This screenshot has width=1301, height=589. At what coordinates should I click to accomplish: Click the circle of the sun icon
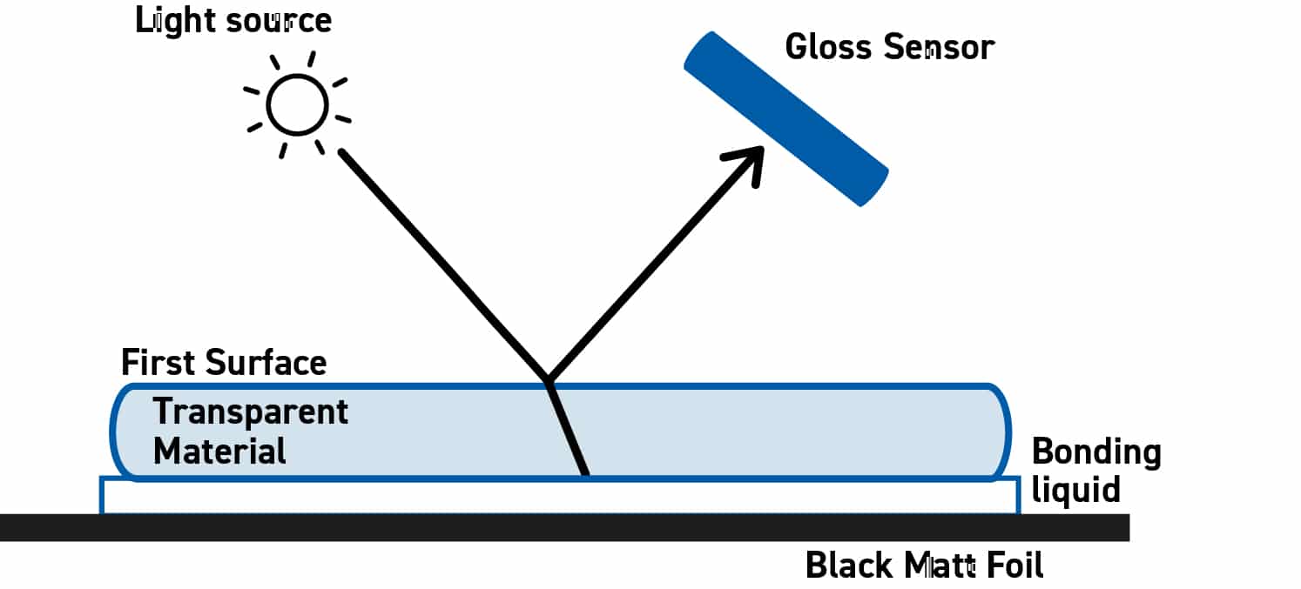pyautogui.click(x=297, y=104)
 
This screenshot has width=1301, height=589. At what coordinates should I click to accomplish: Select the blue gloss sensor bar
pyautogui.click(x=785, y=118)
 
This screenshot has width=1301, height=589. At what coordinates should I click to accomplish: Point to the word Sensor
pyautogui.click(x=938, y=47)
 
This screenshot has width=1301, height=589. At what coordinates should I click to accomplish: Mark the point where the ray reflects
pyautogui.click(x=548, y=380)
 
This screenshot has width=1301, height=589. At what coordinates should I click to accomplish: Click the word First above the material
pyautogui.click(x=156, y=363)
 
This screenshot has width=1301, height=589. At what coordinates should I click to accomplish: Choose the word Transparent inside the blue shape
pyautogui.click(x=251, y=412)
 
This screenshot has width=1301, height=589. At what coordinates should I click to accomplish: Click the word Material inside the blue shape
pyautogui.click(x=219, y=452)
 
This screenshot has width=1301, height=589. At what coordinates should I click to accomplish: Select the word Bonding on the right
pyautogui.click(x=1095, y=453)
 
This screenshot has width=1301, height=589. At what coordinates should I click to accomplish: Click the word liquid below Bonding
pyautogui.click(x=1075, y=491)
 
